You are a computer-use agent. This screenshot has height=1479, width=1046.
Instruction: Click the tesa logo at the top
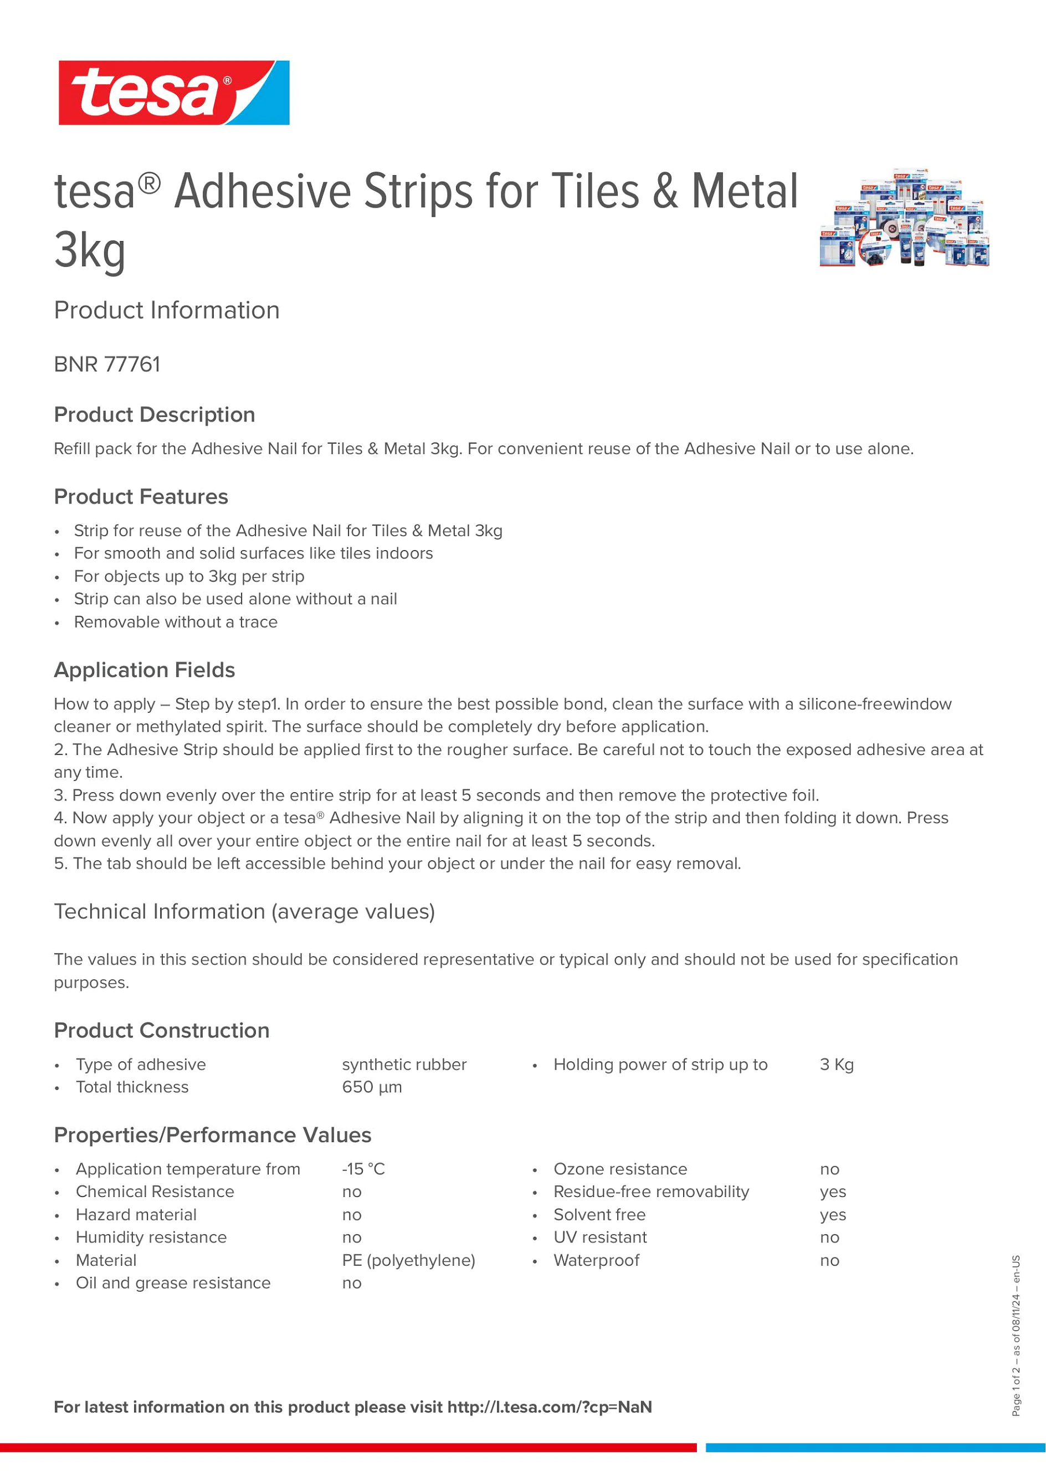pos(174,93)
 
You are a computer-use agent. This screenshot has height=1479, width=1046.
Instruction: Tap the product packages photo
pos(904,219)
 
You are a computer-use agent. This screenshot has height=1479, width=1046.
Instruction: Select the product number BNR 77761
pos(107,364)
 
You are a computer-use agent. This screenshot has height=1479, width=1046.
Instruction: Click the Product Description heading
pos(155,415)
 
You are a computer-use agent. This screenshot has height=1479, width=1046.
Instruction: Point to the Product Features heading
pos(141,497)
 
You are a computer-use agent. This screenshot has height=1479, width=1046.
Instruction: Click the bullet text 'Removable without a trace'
pos(175,622)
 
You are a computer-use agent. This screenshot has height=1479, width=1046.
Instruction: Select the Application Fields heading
pos(144,670)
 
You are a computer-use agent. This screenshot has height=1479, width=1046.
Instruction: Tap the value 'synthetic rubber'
pos(404,1065)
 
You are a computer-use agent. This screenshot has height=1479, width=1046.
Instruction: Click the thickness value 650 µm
pos(372,1087)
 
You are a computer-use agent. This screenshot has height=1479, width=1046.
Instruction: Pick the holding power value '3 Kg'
pos(836,1065)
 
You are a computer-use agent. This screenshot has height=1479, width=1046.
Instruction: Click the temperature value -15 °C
pos(363,1169)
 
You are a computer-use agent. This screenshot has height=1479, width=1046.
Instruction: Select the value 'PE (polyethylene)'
pos(408,1261)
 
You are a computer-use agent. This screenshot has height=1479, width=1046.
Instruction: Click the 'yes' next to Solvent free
pos(832,1215)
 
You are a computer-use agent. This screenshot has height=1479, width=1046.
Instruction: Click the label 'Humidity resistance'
pos(151,1237)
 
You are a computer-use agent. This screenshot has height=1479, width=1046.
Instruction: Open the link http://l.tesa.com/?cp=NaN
pos(550,1408)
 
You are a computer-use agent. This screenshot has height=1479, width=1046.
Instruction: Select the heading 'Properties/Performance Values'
pos(213,1135)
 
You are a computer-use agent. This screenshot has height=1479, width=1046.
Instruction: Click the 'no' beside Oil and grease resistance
pos(352,1283)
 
